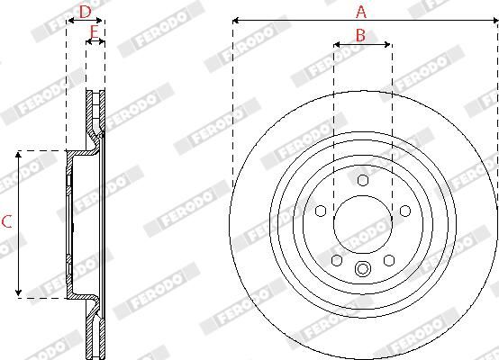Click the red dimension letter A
click(361, 12)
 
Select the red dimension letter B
click(359, 35)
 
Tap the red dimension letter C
click(6, 222)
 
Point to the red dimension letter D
click(85, 12)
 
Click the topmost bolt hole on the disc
click(363, 181)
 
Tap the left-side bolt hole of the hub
click(320, 210)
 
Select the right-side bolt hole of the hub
click(406, 210)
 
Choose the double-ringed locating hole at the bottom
click(363, 267)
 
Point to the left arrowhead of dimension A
click(235, 20)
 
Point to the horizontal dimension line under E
click(95, 42)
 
